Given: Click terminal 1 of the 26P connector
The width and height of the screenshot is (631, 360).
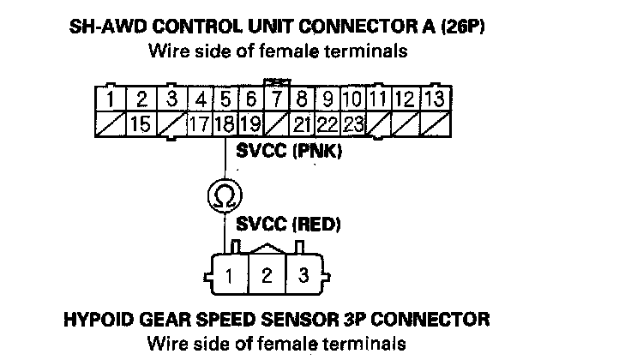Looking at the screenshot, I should [111, 99].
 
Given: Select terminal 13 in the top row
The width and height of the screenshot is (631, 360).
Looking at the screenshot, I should [435, 99].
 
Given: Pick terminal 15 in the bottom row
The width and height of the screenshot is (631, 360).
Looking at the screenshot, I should [141, 123].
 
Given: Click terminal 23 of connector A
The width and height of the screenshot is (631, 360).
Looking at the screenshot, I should [353, 123].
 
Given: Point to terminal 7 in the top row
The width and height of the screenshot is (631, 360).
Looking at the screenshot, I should [277, 99].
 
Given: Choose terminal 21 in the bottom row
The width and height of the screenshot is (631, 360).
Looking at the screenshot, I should [301, 123].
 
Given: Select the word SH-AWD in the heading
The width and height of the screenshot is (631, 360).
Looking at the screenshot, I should [103, 27].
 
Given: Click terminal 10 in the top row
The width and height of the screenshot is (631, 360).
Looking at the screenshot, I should [353, 99].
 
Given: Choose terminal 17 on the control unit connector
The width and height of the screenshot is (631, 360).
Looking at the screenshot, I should [200, 123].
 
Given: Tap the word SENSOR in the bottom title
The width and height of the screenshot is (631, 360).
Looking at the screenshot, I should [315, 321].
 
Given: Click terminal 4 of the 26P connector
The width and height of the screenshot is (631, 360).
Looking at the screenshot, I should [200, 99].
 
